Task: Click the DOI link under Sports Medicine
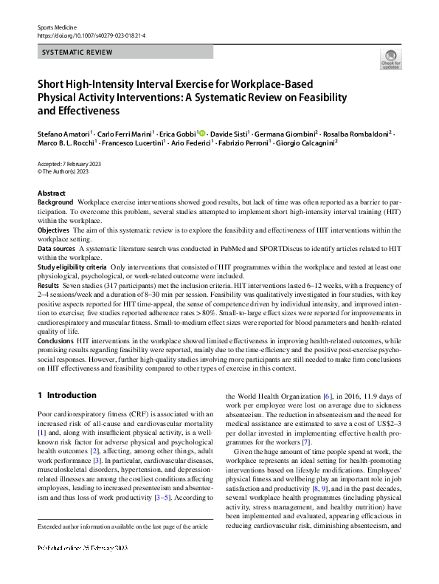(x=91, y=35)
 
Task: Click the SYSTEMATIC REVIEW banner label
(x=77, y=52)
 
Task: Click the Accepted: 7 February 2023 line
(x=69, y=162)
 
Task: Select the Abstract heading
(x=51, y=192)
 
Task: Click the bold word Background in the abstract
(x=55, y=202)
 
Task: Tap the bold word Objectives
(x=53, y=231)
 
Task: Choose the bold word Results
(x=48, y=285)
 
